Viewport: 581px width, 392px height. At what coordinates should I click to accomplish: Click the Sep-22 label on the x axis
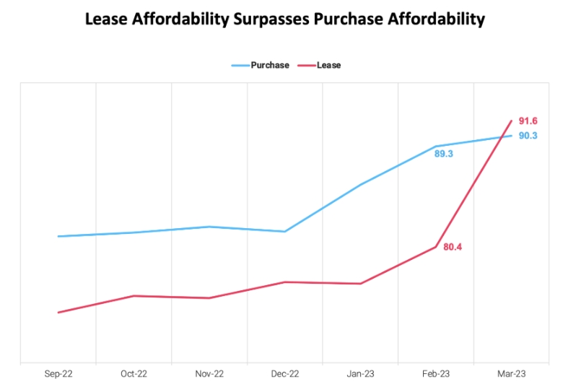[58, 374]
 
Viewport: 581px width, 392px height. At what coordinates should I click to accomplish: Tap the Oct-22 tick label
[134, 374]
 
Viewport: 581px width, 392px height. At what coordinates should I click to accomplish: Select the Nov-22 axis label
[209, 374]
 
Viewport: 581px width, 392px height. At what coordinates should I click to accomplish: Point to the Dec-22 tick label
[285, 374]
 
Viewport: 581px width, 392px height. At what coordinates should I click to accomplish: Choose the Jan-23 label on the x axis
[360, 374]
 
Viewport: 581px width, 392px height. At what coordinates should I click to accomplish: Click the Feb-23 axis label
[436, 374]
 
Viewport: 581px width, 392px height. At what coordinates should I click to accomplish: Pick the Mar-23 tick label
[511, 374]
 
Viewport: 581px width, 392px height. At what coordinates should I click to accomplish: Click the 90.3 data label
[528, 136]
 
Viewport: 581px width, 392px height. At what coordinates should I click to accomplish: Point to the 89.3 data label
[443, 154]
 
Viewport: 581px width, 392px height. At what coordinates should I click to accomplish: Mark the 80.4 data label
[453, 247]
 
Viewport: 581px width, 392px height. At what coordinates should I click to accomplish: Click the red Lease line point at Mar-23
[511, 121]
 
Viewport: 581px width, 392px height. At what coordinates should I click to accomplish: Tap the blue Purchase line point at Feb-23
[436, 147]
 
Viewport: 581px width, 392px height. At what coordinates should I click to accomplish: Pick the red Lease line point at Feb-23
[436, 247]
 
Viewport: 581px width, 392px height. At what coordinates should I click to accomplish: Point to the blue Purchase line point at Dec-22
[285, 232]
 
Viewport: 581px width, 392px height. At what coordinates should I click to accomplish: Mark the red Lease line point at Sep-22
[58, 313]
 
